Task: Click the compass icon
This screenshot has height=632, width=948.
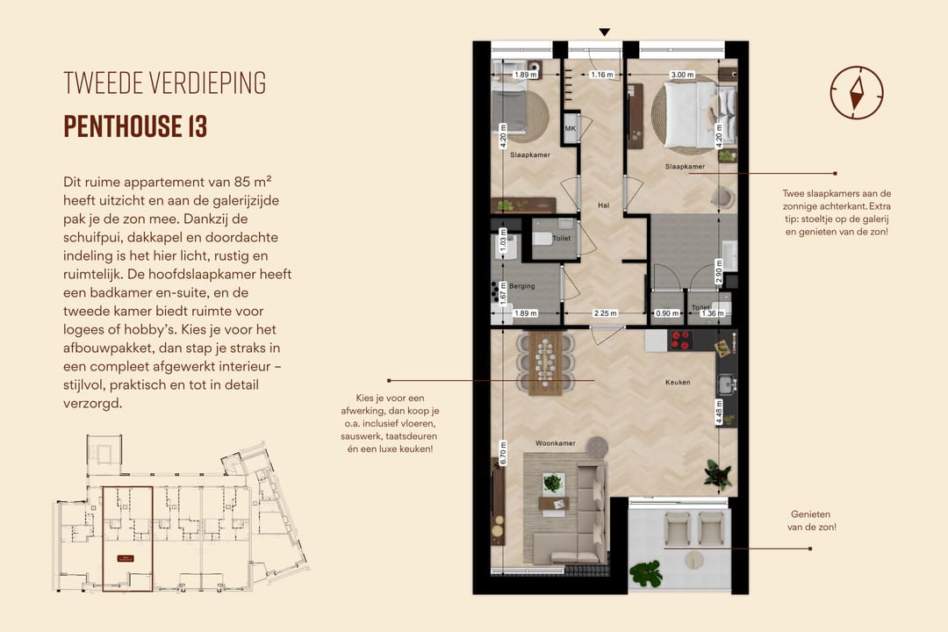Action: [856, 92]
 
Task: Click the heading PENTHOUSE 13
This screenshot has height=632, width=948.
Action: [135, 126]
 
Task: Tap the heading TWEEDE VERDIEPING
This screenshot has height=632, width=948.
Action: [164, 83]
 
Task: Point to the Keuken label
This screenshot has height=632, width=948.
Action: [677, 383]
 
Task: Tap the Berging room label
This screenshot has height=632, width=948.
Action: [521, 286]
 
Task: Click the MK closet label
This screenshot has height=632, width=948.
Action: [570, 129]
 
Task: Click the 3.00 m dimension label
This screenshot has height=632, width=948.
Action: [682, 75]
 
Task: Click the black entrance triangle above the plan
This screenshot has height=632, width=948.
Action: [604, 32]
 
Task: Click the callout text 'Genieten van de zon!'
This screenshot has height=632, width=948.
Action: [811, 521]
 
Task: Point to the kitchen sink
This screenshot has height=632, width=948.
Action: [725, 384]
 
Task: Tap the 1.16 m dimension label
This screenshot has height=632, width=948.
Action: [601, 75]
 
